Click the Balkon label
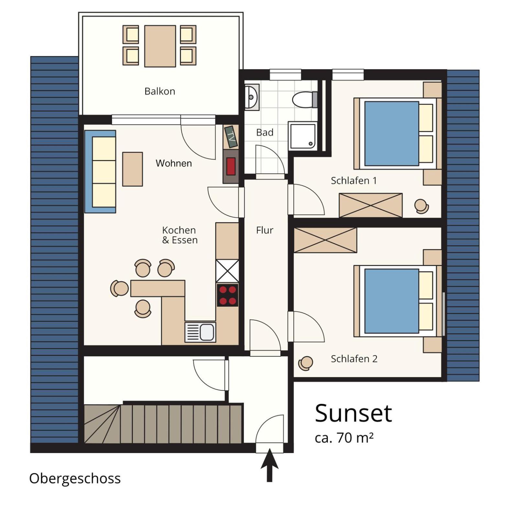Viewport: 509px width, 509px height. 160,91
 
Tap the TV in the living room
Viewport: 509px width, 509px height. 231,137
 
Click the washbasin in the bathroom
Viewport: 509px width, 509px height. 252,97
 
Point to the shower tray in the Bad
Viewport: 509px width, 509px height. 303,136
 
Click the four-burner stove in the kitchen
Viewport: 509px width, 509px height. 227,295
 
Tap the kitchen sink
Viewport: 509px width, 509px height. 200,332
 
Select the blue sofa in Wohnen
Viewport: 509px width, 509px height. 100,172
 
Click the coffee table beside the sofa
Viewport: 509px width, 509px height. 132,169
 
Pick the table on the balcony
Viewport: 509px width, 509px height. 160,46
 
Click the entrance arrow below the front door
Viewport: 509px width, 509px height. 270,465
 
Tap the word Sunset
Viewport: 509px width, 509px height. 353,414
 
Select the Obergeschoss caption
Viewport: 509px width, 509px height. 75,479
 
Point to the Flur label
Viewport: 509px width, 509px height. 265,230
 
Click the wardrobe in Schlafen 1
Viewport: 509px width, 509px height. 371,205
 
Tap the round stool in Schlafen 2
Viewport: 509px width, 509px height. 306,363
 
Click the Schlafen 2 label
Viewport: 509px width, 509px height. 354,359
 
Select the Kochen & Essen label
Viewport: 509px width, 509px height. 180,235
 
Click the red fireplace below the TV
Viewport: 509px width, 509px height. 231,166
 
